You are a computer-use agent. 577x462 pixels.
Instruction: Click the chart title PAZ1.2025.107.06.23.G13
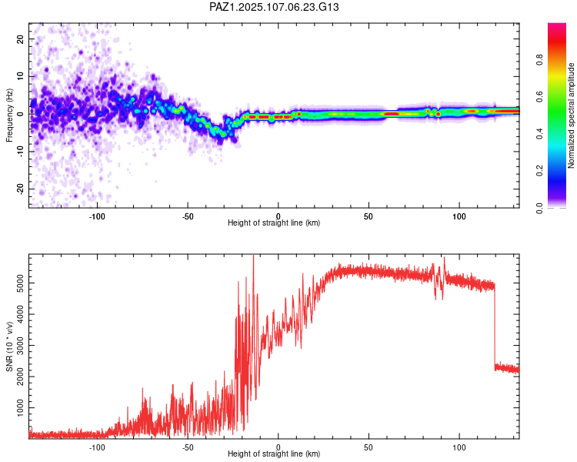click(x=274, y=7)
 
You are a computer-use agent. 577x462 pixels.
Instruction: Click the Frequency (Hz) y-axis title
click(x=9, y=115)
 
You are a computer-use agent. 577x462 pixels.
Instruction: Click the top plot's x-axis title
click(x=274, y=223)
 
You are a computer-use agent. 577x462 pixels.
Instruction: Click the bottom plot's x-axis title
click(x=274, y=454)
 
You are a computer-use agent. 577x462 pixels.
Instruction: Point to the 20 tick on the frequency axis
click(x=21, y=38)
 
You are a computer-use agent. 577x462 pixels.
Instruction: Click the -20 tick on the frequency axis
click(x=19, y=189)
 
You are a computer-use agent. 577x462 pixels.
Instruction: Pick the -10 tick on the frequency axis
click(x=19, y=151)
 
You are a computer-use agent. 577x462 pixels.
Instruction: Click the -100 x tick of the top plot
click(x=97, y=216)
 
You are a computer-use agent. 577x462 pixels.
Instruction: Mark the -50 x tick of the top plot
click(x=188, y=216)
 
